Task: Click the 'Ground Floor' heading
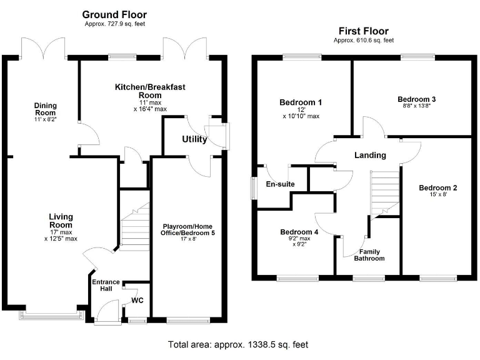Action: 114,14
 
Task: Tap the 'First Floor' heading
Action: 363,31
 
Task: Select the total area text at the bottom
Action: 237,344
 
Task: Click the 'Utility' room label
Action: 194,139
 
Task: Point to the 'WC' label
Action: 137,301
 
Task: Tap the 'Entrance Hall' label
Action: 106,286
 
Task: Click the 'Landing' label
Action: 370,155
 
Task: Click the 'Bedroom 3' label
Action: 417,99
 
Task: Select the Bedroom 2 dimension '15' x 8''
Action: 437,195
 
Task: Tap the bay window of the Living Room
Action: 51,316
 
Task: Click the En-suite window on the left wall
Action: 254,189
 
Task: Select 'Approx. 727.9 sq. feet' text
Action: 114,24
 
